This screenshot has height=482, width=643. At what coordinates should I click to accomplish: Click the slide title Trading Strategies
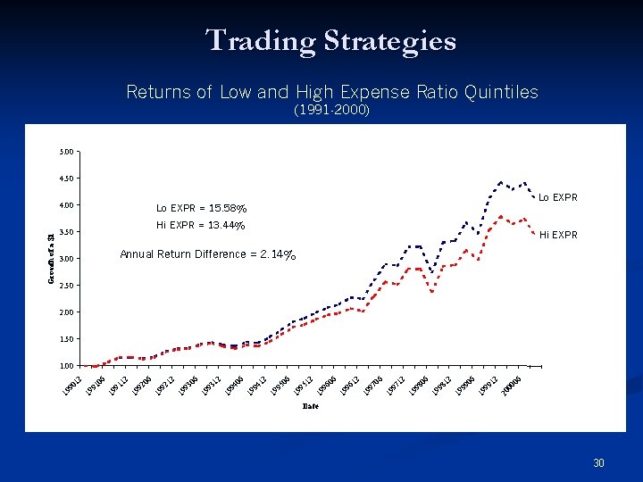click(x=330, y=41)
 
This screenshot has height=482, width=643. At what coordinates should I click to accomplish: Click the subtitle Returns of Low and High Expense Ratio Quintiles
click(x=332, y=92)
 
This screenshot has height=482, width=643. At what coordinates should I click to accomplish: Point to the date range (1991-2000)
click(x=331, y=112)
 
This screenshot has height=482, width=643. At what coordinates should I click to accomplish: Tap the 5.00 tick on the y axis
click(x=68, y=152)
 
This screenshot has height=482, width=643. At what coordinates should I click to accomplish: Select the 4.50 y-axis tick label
click(x=68, y=179)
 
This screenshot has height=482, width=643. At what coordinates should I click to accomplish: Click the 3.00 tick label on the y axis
click(x=68, y=259)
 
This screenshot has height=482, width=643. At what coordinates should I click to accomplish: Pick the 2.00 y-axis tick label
click(x=68, y=312)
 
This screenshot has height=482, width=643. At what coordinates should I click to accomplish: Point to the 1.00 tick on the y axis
click(x=68, y=366)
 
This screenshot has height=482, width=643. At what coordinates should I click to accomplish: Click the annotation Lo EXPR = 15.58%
click(x=201, y=208)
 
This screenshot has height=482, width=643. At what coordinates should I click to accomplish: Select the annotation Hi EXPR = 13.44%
click(x=201, y=225)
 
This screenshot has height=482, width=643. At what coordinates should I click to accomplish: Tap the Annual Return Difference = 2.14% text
click(x=208, y=254)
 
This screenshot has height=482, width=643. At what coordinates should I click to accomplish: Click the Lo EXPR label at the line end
click(x=557, y=197)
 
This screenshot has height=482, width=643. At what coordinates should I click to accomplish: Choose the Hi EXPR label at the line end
click(x=557, y=236)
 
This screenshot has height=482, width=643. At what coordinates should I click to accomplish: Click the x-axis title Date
click(x=311, y=406)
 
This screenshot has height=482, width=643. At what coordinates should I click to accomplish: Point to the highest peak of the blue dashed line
click(x=501, y=182)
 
